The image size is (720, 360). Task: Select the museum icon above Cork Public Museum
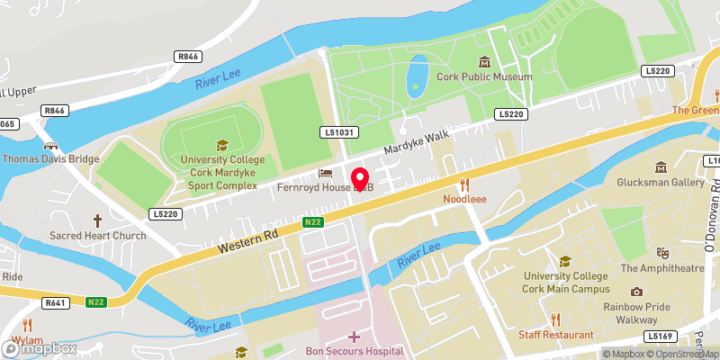pyautogui.click(x=485, y=61)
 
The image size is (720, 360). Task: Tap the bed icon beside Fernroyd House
pyautogui.click(x=325, y=172)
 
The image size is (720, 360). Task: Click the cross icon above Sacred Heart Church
pyautogui.click(x=98, y=220)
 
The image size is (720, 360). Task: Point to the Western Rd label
pyautogui.click(x=245, y=240)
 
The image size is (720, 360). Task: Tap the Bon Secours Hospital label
pyautogui.click(x=354, y=351)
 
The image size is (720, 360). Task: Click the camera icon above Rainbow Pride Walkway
pyautogui.click(x=636, y=292)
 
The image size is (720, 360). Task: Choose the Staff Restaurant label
pyautogui.click(x=555, y=335)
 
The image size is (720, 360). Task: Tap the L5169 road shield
pyautogui.click(x=661, y=336)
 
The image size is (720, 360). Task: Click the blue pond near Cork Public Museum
pyautogui.click(x=416, y=76)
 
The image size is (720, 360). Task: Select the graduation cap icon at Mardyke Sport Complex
pyautogui.click(x=221, y=145)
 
